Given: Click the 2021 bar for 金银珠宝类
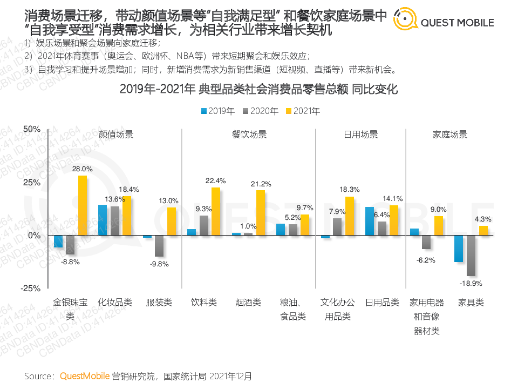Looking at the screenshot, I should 83,205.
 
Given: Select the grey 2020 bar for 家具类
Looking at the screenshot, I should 471,256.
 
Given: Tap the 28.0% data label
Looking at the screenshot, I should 83,169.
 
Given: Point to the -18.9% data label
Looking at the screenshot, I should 471,283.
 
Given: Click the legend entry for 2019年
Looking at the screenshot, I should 217,111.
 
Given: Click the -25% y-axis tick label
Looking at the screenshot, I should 31,288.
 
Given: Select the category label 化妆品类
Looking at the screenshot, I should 115,303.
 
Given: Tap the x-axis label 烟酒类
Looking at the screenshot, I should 248,303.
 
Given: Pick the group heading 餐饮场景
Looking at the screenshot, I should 249,135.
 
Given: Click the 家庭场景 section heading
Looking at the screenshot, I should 450,135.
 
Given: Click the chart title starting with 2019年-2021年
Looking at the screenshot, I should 258,89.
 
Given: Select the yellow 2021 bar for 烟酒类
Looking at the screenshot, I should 261,213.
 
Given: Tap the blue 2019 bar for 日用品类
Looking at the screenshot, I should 370,221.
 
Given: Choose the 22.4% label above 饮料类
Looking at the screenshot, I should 215,180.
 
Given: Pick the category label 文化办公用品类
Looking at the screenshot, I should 337,309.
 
